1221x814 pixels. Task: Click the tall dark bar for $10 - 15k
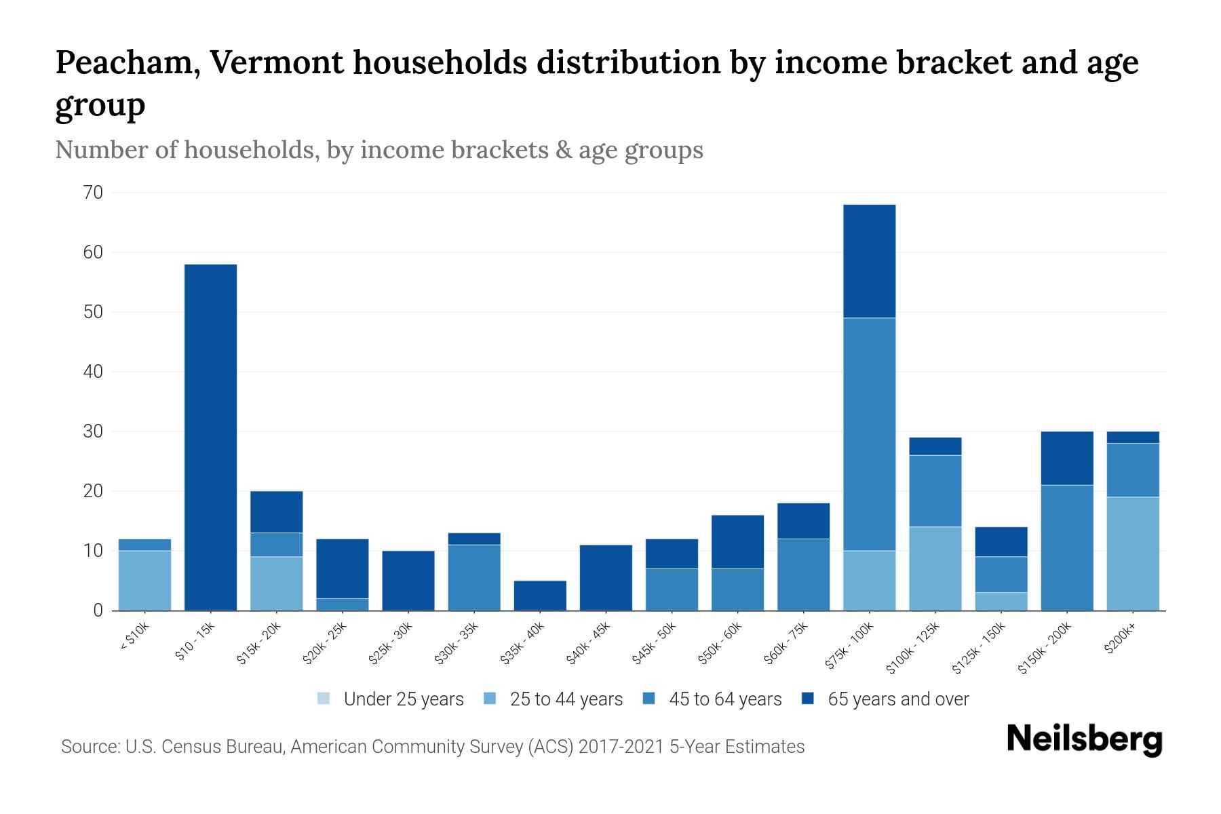[210, 438]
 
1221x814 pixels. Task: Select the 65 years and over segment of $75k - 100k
[869, 261]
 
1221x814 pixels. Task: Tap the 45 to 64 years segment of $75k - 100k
[869, 434]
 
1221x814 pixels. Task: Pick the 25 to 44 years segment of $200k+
[1132, 554]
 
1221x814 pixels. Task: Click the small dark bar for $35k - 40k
[540, 596]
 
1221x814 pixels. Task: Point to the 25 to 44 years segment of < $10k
[144, 581]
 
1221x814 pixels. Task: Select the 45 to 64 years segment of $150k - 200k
[1066, 548]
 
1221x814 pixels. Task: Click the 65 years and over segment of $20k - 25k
[343, 568]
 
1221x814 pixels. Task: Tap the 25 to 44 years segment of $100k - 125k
[935, 568]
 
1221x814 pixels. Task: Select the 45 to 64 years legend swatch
[649, 699]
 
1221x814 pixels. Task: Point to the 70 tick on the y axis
[94, 193]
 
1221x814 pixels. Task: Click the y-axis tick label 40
[94, 372]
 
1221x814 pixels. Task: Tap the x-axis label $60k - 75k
[786, 643]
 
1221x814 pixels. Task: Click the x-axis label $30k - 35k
[457, 643]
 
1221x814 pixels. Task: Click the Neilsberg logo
[1084, 739]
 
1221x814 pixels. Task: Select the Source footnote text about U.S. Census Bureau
[433, 747]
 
